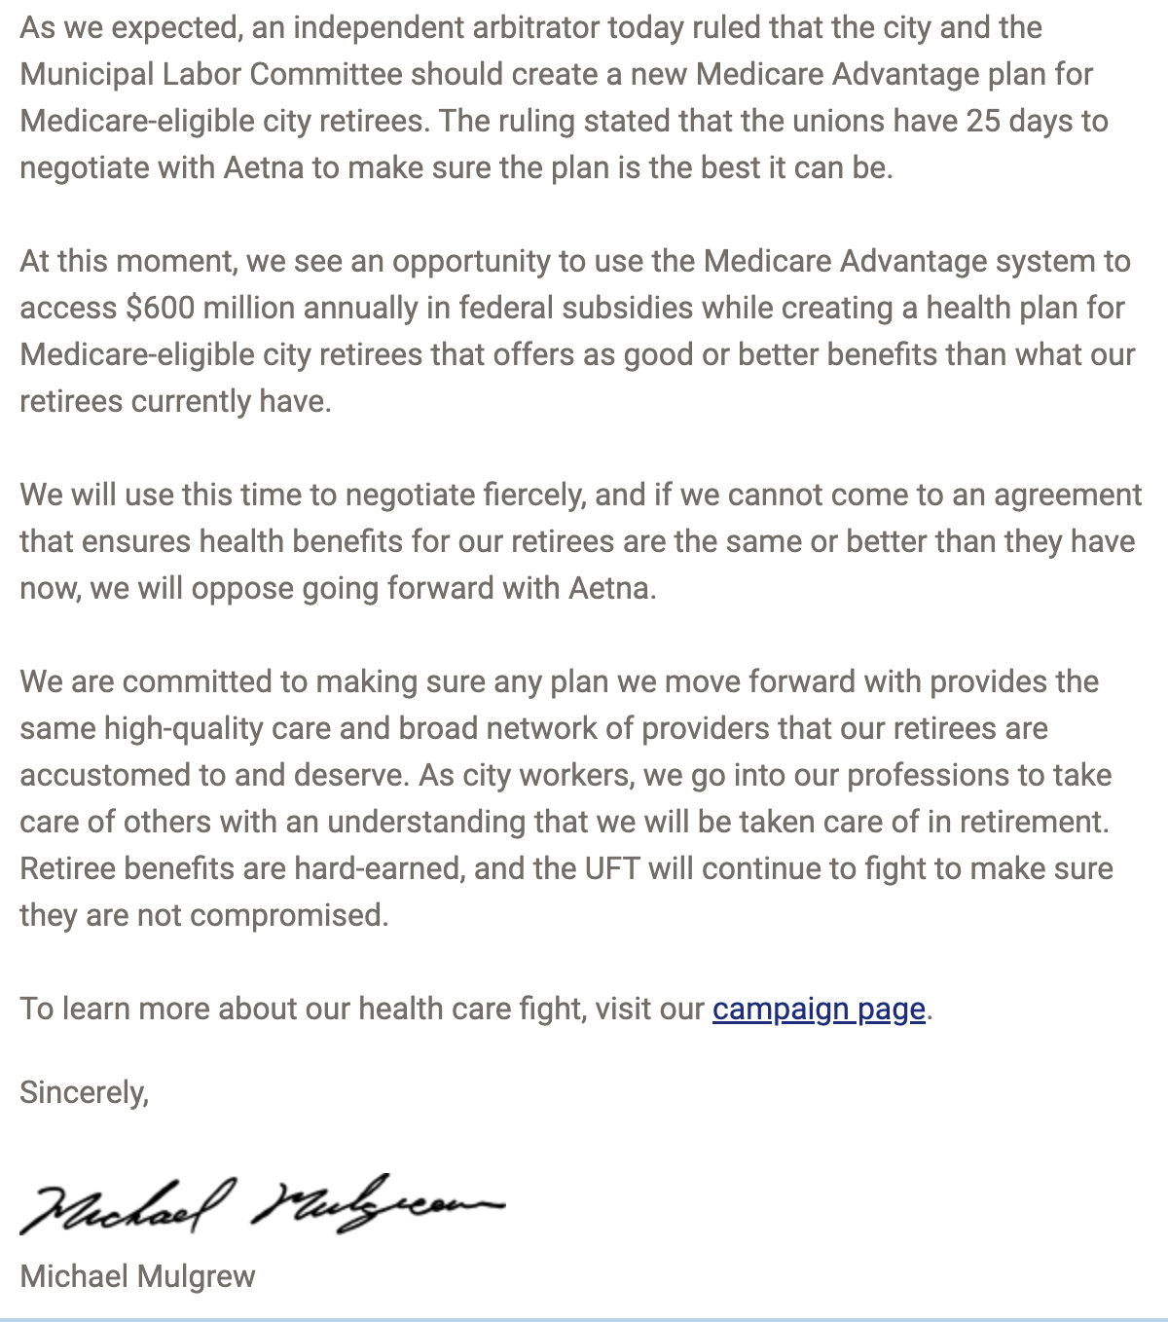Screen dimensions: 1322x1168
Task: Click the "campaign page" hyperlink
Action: pos(818,1009)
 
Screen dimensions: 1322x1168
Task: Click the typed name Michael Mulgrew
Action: pos(137,1275)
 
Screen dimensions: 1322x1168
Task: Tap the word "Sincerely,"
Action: pos(84,1092)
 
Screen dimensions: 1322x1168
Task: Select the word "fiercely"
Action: pos(534,495)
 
